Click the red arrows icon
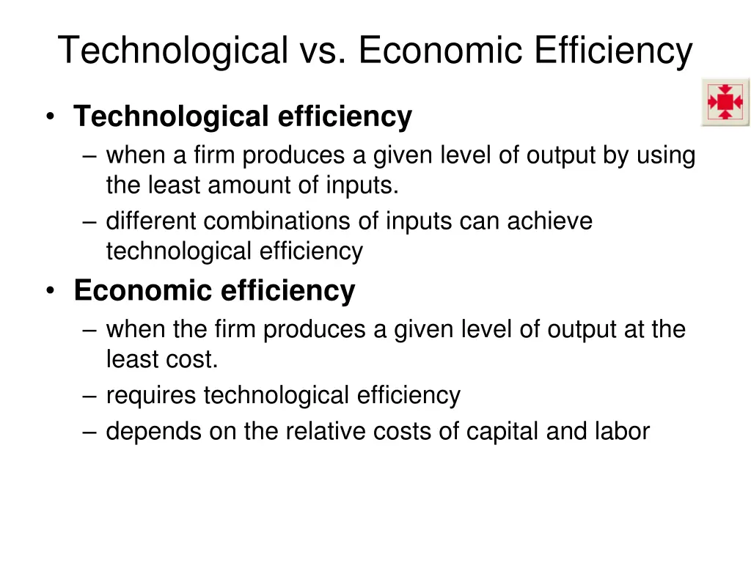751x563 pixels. click(725, 102)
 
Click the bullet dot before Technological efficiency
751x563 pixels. click(50, 117)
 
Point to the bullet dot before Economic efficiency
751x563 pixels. click(50, 292)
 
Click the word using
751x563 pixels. click(662, 155)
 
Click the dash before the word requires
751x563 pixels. click(90, 397)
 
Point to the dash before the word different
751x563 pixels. click(90, 221)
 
